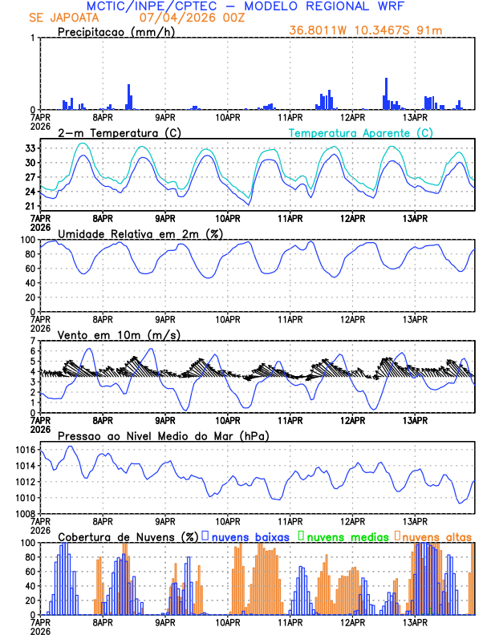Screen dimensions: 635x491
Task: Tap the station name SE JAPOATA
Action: tap(64, 18)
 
